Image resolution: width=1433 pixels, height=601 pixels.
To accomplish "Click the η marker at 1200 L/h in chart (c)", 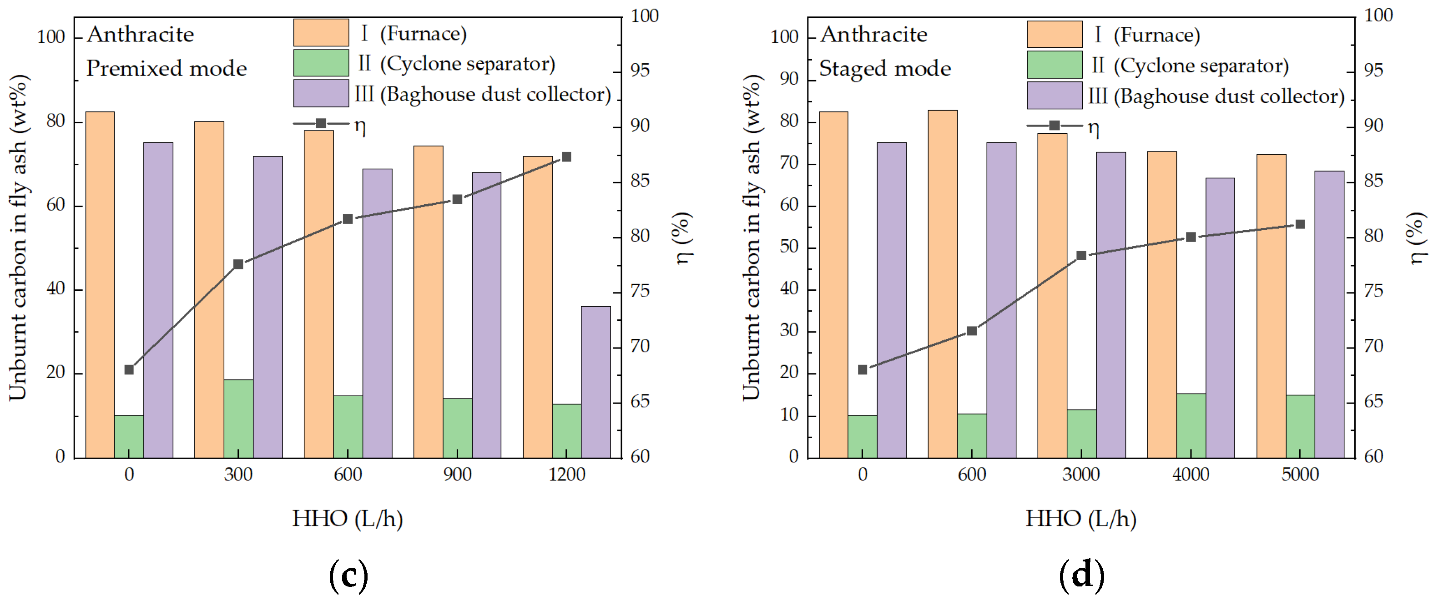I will click(566, 157).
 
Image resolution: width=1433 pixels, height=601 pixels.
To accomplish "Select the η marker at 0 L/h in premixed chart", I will click(129, 369).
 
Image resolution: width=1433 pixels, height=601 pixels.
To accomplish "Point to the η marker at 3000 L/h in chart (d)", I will click(1081, 255).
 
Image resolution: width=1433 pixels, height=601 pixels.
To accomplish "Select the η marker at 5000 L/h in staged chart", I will click(1300, 224).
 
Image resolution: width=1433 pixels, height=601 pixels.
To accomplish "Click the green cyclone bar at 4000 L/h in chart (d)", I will click(1191, 426).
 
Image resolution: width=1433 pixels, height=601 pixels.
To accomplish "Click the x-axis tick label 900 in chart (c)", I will click(457, 475).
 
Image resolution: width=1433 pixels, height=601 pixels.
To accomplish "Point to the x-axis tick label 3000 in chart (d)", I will click(1080, 475).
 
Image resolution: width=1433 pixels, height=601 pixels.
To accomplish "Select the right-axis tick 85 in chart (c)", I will click(640, 181).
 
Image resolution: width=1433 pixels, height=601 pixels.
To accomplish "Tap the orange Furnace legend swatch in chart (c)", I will click(321, 33).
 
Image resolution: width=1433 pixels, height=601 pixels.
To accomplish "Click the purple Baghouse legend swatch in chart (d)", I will click(1054, 96).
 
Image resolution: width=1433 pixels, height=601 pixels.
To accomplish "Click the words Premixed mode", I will click(167, 68).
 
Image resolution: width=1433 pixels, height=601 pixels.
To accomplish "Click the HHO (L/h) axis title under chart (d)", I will click(1080, 519).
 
